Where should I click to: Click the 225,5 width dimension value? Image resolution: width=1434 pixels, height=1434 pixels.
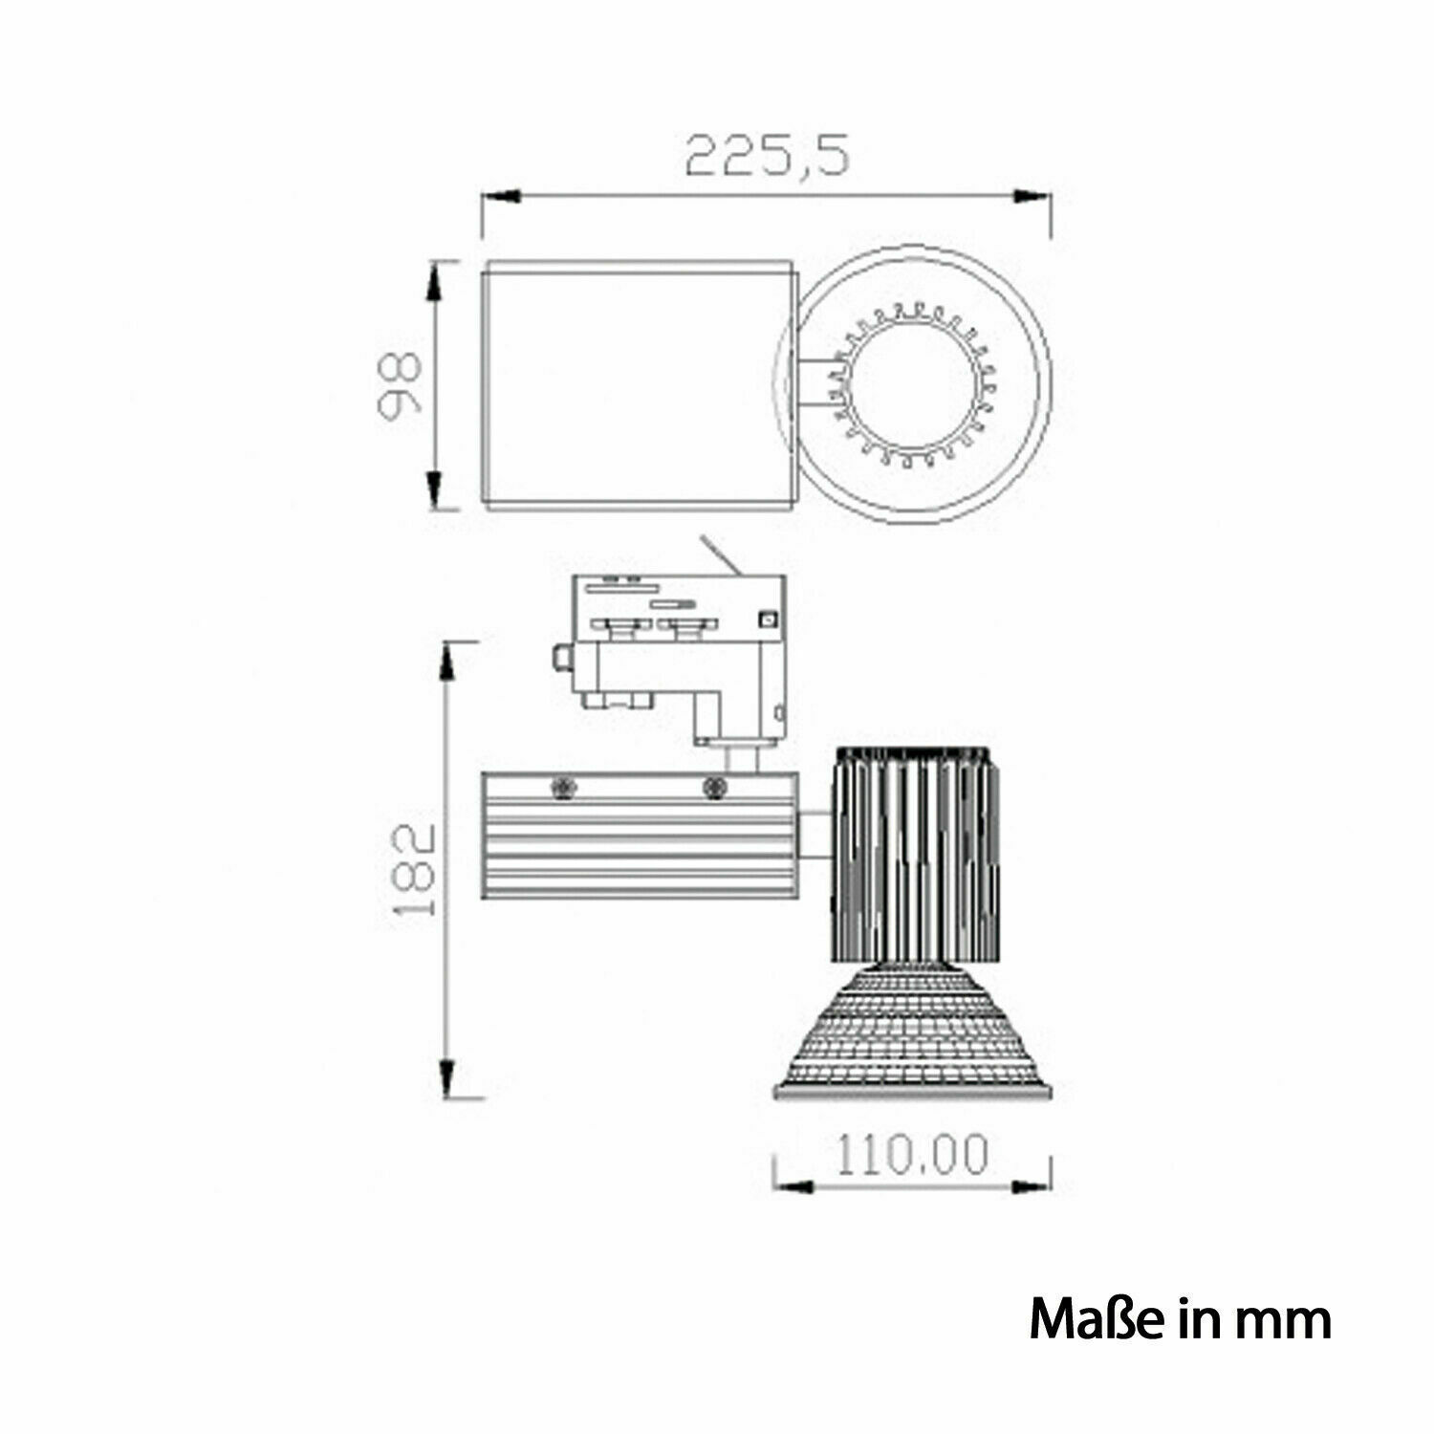768,155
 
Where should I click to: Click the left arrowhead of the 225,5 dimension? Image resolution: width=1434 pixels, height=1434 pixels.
500,196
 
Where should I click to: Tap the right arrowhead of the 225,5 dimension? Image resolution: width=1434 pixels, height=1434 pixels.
1032,196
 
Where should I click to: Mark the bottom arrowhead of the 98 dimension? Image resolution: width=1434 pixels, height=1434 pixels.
434,490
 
